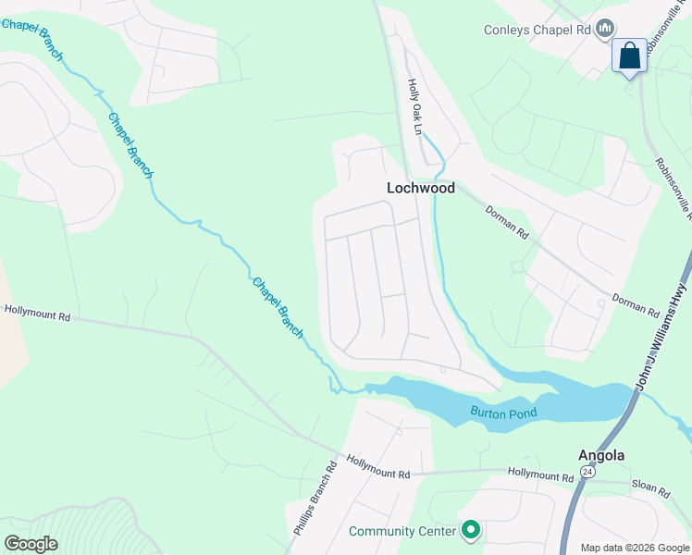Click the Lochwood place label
pos(421,188)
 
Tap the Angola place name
pos(601,455)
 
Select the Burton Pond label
pos(503,413)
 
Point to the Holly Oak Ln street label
pos(414,105)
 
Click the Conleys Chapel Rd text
pos(537,30)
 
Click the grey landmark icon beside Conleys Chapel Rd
pos(605,30)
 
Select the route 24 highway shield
pos(587,471)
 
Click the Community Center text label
pos(402,531)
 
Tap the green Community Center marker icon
pos(471,530)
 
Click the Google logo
pos(31,544)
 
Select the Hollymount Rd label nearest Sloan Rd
pos(540,476)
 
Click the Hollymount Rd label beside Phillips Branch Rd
pos(377,466)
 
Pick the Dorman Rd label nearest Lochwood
pos(507,223)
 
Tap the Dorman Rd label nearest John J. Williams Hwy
pos(635,305)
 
